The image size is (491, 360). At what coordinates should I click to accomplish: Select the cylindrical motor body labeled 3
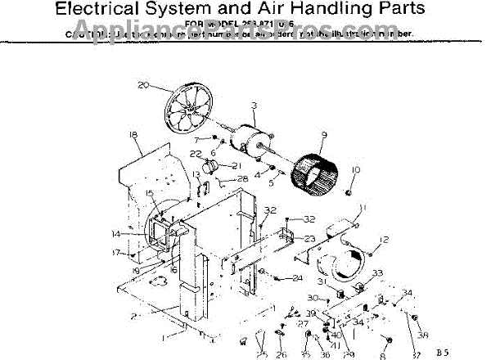point(250,142)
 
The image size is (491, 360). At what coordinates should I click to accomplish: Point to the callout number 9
point(324,135)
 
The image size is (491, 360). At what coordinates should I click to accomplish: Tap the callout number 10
point(355,170)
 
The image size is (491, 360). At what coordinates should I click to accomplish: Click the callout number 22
point(196,154)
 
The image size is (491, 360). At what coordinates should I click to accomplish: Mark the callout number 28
point(243,178)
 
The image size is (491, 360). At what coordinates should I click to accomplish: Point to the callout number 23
point(287,238)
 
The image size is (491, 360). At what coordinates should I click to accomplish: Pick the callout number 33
point(377,272)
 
